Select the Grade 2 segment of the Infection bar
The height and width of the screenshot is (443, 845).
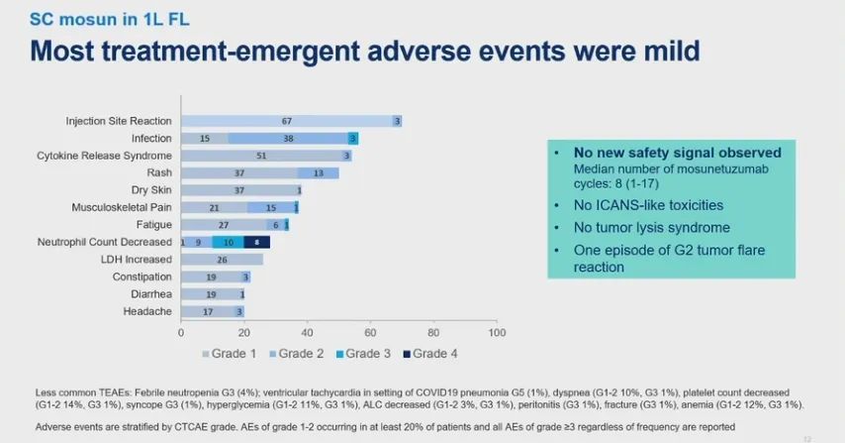pos(288,139)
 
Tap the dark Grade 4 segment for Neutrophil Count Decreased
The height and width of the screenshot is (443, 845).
pos(256,242)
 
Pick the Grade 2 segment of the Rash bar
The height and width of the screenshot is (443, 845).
pos(318,173)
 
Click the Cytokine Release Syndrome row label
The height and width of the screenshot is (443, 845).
pos(104,156)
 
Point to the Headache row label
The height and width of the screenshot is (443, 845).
pos(149,311)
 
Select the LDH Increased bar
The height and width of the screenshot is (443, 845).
pos(222,260)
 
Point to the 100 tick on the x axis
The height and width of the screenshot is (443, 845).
pos(497,331)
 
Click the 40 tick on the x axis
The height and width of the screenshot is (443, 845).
pos(307,331)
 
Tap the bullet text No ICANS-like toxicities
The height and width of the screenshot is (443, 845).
pos(649,205)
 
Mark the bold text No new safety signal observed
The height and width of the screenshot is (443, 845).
pos(678,153)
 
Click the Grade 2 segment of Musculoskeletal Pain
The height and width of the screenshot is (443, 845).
pos(271,207)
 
